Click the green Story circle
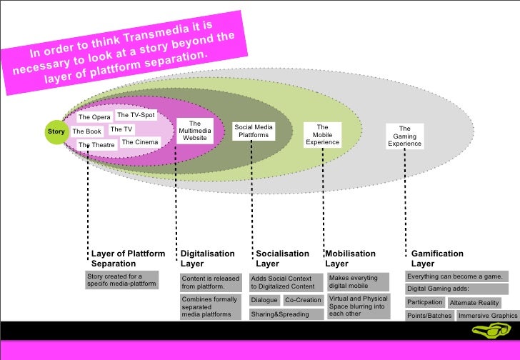(55, 131)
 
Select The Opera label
(94, 117)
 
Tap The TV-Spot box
(136, 115)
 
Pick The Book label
(87, 131)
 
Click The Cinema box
(140, 142)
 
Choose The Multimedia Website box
(195, 131)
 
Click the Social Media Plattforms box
(254, 131)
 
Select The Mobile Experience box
(322, 135)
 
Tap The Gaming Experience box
(404, 136)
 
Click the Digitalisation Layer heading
(207, 259)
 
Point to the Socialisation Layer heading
(282, 259)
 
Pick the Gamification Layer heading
(437, 259)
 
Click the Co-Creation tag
(304, 300)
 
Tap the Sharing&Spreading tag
(279, 314)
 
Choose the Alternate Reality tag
(474, 303)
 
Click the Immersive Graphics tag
(487, 316)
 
